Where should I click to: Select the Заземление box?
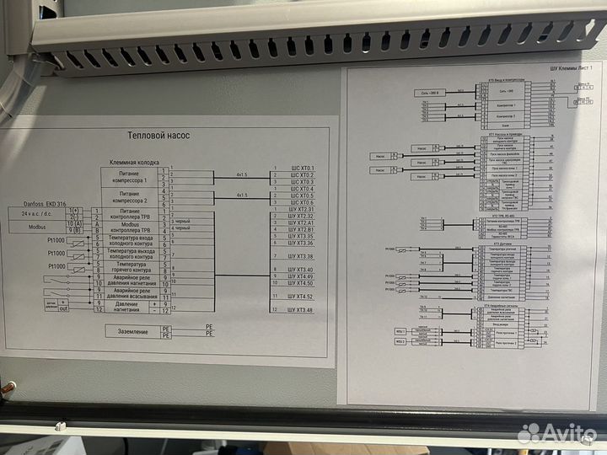click(x=132, y=332)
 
